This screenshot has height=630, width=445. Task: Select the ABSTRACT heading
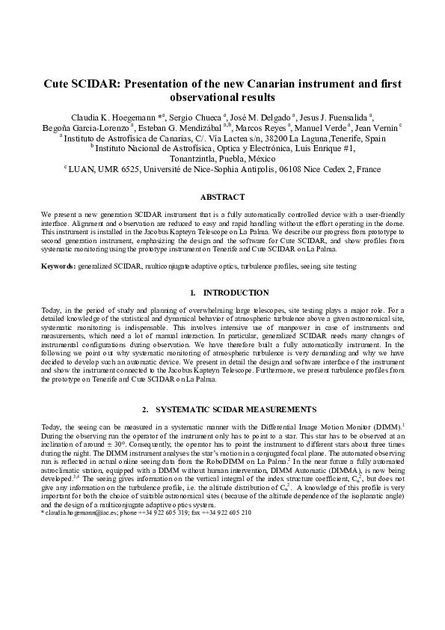[x=222, y=197]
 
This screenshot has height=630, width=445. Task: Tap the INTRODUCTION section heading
[x=236, y=293]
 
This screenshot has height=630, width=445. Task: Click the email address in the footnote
[x=71, y=513]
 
